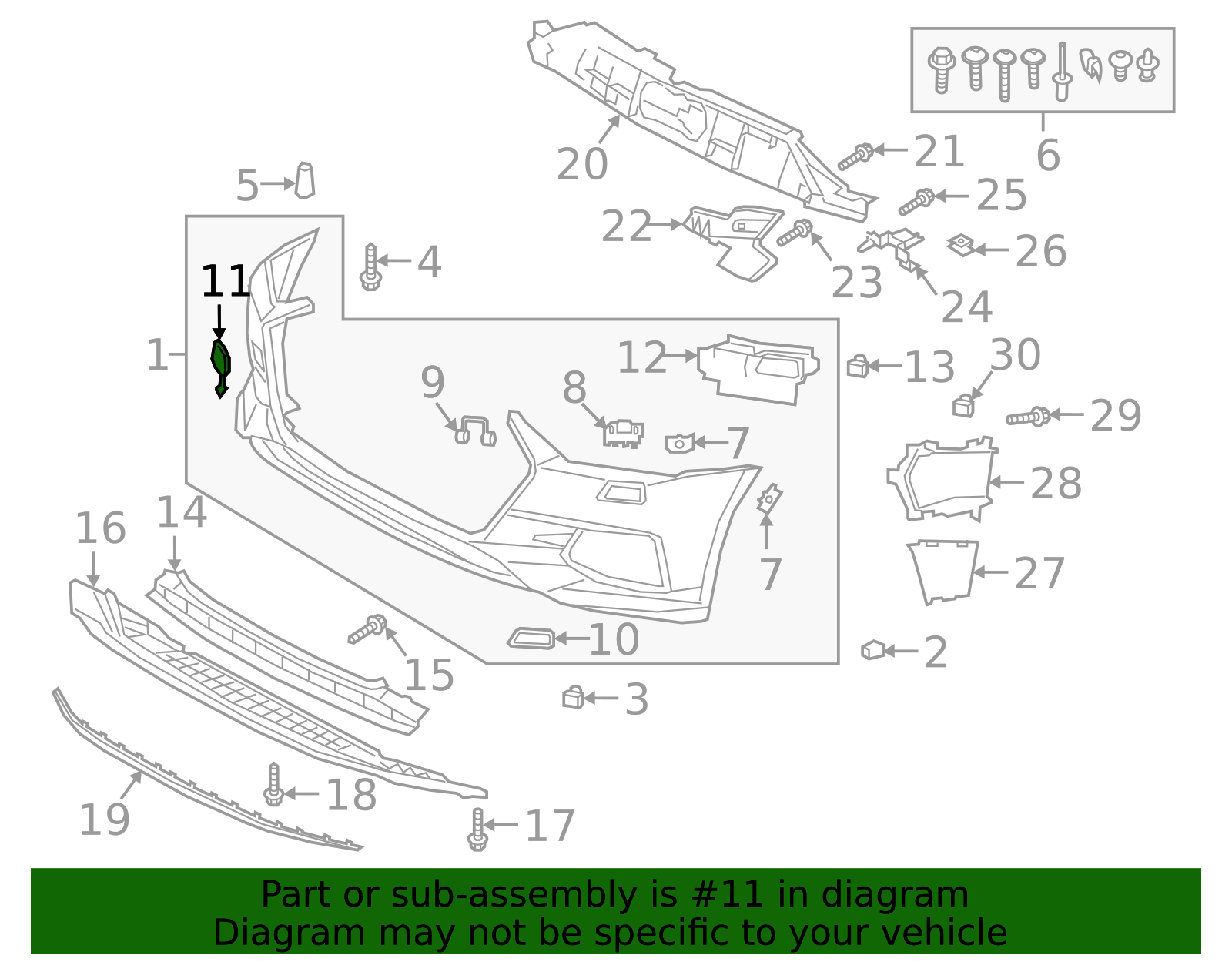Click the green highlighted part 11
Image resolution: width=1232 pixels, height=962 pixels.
(221, 364)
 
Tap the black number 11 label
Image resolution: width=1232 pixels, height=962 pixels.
(226, 282)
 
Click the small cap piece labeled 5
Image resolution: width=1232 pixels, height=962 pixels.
(305, 180)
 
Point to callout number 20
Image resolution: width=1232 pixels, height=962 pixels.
(582, 164)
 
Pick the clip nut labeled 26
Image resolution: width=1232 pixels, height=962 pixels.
(961, 246)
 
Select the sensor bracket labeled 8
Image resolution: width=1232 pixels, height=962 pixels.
(624, 433)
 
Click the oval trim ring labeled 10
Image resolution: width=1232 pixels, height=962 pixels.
(531, 638)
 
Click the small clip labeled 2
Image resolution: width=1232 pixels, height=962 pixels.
(873, 650)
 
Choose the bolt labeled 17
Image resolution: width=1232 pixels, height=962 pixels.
(477, 830)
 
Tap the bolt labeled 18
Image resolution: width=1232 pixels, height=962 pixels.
(273, 785)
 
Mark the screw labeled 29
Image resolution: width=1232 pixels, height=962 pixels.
(1028, 417)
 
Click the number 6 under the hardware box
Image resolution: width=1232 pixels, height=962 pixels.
(1048, 156)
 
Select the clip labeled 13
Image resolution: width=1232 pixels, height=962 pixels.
(857, 366)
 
